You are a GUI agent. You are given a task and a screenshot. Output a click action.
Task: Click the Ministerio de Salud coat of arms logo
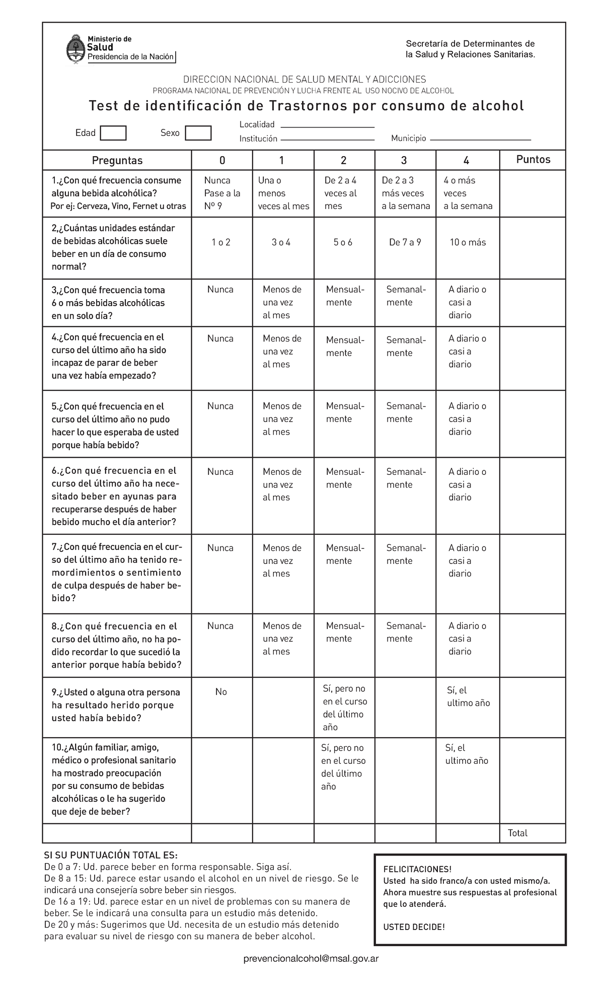pyautogui.click(x=75, y=49)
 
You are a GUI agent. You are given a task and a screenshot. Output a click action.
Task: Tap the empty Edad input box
pyautogui.click(x=113, y=133)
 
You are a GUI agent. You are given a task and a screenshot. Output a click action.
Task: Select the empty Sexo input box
pyautogui.click(x=198, y=133)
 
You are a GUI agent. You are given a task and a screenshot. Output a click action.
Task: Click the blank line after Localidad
pyautogui.click(x=327, y=126)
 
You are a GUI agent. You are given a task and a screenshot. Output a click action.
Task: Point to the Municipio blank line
pyautogui.click(x=481, y=139)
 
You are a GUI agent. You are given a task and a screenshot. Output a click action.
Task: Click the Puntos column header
pyautogui.click(x=533, y=160)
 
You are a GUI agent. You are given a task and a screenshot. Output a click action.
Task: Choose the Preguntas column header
pyautogui.click(x=117, y=161)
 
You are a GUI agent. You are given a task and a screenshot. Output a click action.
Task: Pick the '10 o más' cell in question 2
pyautogui.click(x=468, y=243)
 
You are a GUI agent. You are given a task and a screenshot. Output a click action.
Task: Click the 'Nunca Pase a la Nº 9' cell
pyautogui.click(x=222, y=193)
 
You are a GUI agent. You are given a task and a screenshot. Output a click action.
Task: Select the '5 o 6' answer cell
pyautogui.click(x=343, y=243)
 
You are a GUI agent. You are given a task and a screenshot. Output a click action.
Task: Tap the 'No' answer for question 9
pyautogui.click(x=221, y=692)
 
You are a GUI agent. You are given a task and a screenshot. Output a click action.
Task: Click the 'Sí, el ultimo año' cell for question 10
pyautogui.click(x=467, y=754)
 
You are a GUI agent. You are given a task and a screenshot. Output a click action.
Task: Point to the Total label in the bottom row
pyautogui.click(x=517, y=833)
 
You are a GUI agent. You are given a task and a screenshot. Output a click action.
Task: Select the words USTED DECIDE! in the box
pyautogui.click(x=414, y=927)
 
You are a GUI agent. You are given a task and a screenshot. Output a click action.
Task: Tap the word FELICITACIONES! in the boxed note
pyautogui.click(x=417, y=870)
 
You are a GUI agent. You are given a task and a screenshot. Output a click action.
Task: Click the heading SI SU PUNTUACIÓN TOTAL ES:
pyautogui.click(x=111, y=856)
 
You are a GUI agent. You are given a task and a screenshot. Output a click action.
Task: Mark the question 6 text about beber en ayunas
pyautogui.click(x=114, y=496)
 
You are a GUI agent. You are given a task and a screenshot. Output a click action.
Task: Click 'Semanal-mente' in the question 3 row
pyautogui.click(x=406, y=296)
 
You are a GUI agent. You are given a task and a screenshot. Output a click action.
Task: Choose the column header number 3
pyautogui.click(x=404, y=161)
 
